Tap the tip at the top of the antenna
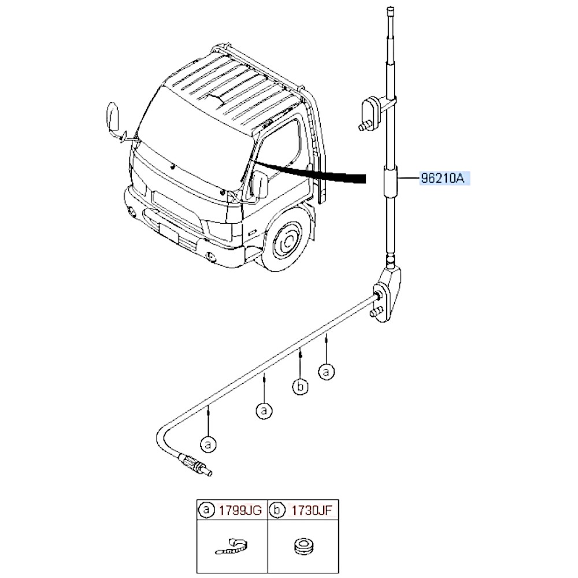point(390,11)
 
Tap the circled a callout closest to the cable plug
point(208,444)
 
